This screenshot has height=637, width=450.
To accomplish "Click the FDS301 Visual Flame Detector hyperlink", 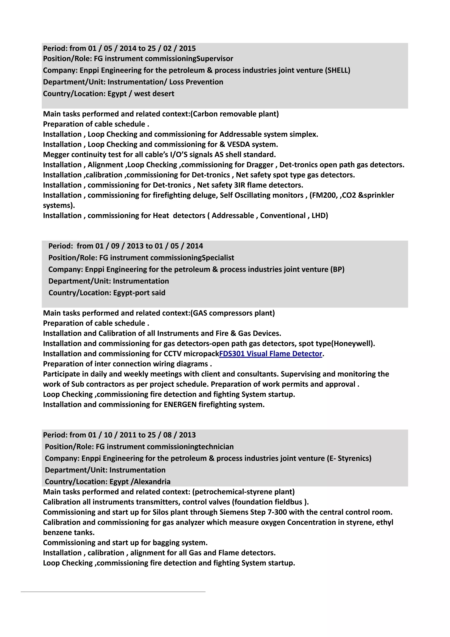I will (x=270, y=354).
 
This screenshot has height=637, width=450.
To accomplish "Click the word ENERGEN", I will (x=180, y=405).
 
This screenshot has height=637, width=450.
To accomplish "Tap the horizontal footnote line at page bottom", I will (x=113, y=592).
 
